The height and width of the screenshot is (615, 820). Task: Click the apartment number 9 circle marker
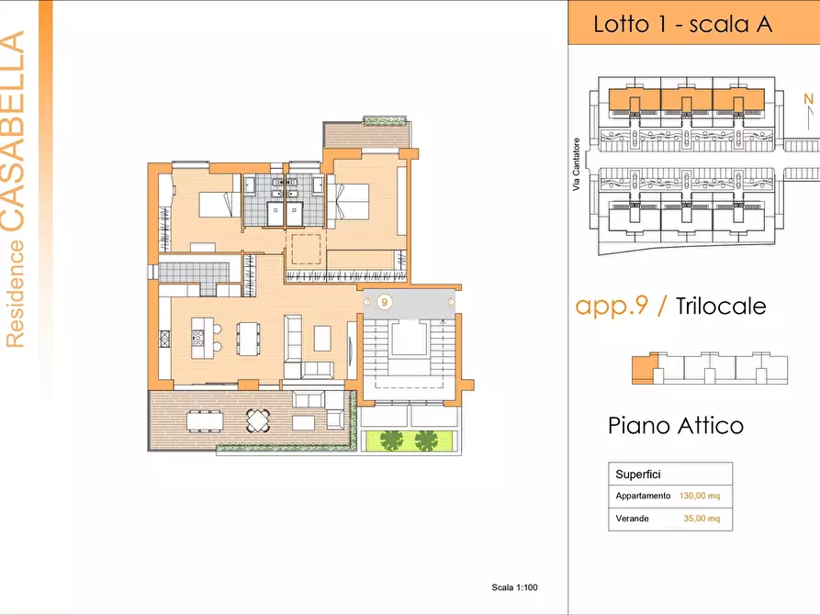(x=385, y=302)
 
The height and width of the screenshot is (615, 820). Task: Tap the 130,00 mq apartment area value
(x=699, y=496)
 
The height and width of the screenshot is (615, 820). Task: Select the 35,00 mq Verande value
(x=702, y=519)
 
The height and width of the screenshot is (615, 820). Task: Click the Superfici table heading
(x=637, y=475)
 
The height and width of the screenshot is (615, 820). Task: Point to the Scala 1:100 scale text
(x=514, y=587)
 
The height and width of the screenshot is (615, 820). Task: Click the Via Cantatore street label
(x=577, y=164)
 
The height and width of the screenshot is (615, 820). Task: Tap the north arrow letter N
(x=808, y=99)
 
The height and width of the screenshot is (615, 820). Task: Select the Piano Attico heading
(x=676, y=425)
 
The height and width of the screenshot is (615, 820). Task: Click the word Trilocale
(x=721, y=306)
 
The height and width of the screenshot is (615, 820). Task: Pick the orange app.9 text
(x=612, y=306)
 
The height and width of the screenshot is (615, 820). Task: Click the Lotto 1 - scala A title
(x=682, y=25)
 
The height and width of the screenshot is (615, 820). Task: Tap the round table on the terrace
(x=258, y=420)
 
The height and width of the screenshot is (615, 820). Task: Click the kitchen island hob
(x=198, y=338)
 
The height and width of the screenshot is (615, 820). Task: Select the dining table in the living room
(x=248, y=339)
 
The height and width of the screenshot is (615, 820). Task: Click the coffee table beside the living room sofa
(x=322, y=338)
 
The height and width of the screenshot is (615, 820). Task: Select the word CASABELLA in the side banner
(x=13, y=130)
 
